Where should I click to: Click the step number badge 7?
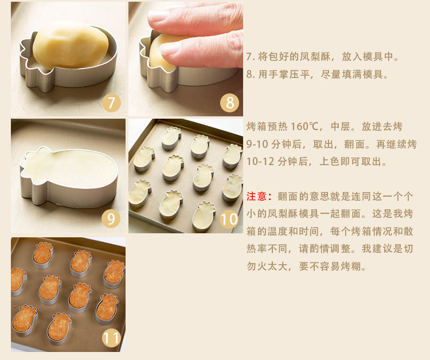[x=111, y=103]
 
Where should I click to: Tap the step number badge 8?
[x=229, y=103]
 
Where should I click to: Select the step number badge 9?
[x=111, y=219]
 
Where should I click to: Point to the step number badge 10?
[x=229, y=219]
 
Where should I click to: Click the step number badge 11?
[x=111, y=338]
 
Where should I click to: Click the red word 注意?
[x=256, y=196]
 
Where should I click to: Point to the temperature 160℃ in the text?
[x=304, y=127]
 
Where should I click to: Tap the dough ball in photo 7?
[x=71, y=45]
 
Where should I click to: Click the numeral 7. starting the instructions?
[x=251, y=57]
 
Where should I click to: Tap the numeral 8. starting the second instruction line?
[x=251, y=75]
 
